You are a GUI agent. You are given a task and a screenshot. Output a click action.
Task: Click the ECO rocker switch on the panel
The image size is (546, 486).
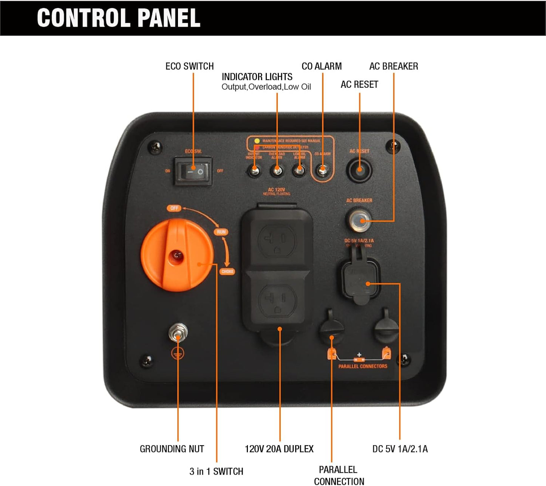point(193,172)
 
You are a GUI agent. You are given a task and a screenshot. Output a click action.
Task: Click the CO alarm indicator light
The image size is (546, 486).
point(322,171)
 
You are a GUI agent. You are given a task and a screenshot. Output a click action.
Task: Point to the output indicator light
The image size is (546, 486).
point(254,171)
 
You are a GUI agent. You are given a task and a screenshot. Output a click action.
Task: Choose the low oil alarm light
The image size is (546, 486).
point(299,171)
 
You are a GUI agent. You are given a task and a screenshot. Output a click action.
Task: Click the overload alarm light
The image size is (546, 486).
point(277,171)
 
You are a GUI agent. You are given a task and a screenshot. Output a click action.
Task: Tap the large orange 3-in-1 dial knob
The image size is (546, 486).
point(177,257)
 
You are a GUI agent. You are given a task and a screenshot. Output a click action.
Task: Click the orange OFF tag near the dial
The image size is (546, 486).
point(174,208)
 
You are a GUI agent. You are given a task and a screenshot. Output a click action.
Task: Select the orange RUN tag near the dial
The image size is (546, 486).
point(221,232)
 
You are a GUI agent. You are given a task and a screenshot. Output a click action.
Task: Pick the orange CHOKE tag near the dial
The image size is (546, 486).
point(227,271)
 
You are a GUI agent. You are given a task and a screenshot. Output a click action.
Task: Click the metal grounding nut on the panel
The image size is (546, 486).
point(178,333)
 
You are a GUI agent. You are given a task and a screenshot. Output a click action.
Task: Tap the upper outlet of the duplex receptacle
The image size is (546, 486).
point(277,240)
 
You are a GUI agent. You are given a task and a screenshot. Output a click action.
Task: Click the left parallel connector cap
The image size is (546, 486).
point(331,328)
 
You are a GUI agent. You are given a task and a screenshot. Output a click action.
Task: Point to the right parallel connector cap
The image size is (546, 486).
point(386,328)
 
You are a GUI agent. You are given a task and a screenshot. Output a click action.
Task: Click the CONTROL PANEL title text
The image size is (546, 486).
point(119,18)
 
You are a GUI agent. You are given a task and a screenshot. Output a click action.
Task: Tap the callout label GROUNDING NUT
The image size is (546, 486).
point(172,449)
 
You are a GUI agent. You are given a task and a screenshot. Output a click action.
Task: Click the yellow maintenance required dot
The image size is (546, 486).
point(257,141)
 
